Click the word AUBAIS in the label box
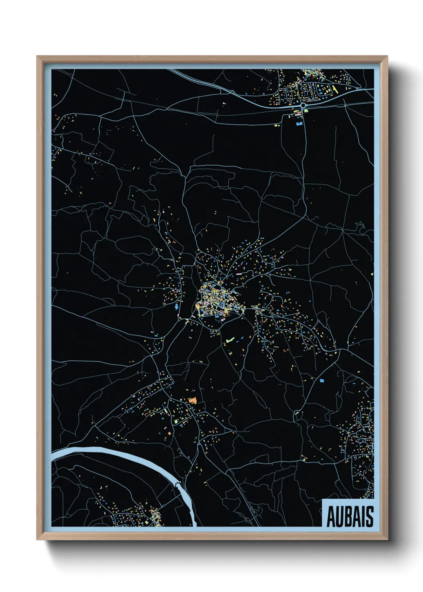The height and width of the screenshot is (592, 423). (x=350, y=516)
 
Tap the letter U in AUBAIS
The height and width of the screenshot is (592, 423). (x=339, y=517)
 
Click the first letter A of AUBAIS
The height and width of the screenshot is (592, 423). (x=331, y=517)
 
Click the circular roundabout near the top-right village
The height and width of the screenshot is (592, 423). (x=303, y=106)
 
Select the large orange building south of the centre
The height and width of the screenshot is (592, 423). (x=193, y=400)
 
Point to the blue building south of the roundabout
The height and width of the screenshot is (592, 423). (x=298, y=124)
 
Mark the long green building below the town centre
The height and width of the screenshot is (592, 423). (x=229, y=340)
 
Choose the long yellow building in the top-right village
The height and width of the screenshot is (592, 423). (x=333, y=89)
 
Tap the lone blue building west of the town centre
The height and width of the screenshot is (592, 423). (x=176, y=307)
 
